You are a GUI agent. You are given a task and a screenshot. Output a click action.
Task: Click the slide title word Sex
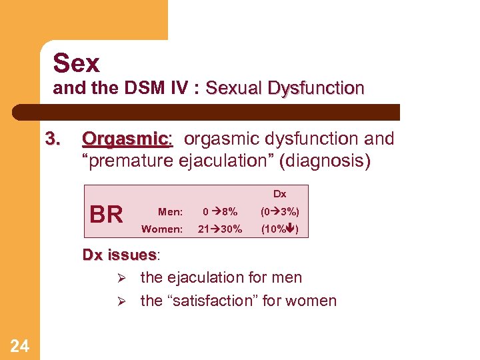(x=76, y=63)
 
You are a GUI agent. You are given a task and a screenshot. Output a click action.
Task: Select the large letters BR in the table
(x=106, y=215)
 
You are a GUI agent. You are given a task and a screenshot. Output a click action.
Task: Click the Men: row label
(x=170, y=212)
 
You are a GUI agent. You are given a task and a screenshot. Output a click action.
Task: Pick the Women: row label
(x=162, y=229)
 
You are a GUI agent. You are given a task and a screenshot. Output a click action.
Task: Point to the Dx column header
(x=279, y=194)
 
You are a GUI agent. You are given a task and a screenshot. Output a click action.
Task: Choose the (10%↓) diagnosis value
(x=279, y=229)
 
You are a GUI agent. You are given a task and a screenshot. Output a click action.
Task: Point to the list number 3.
(x=53, y=139)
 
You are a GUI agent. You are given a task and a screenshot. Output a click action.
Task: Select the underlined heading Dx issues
(x=119, y=255)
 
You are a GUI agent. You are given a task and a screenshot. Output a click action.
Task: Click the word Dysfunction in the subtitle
(x=319, y=88)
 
